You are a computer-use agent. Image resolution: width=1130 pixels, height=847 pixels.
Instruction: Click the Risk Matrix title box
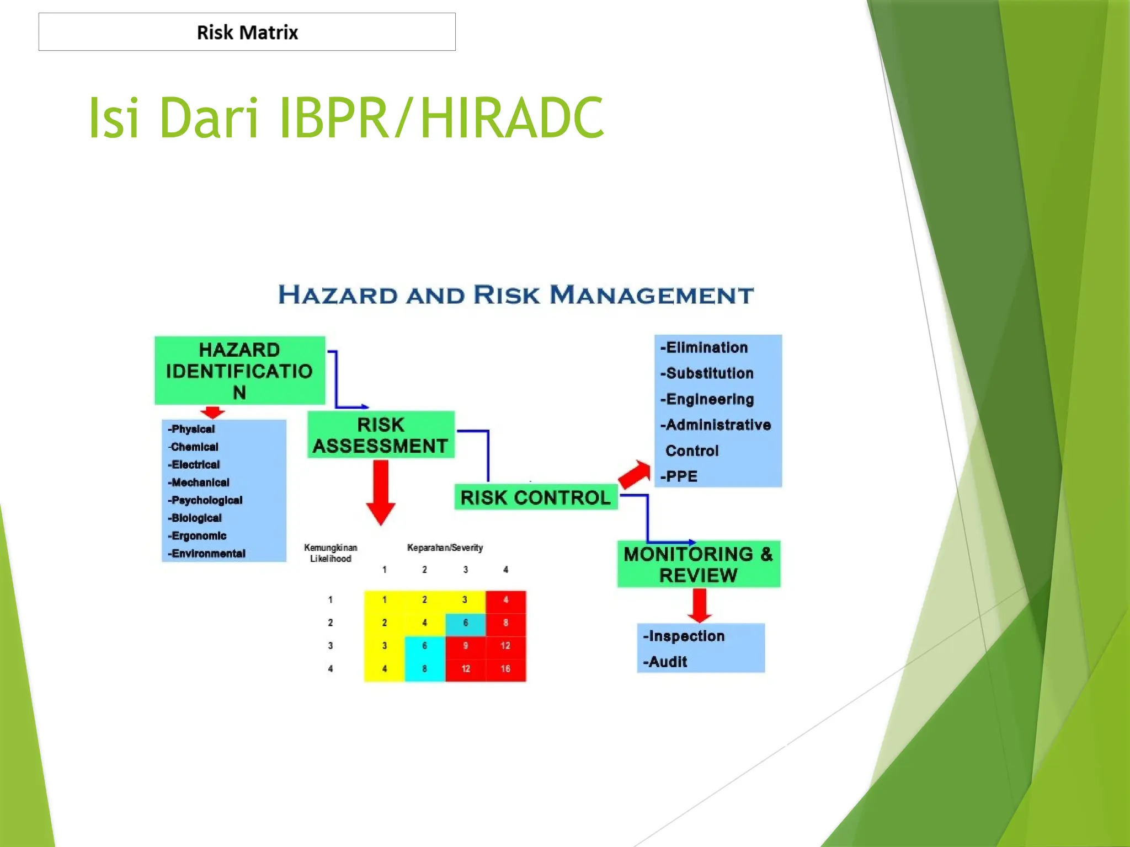[247, 32]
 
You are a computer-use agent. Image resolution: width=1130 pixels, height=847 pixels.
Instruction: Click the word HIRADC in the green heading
[511, 117]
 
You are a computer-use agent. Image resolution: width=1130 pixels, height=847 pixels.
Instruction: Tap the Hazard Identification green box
[239, 371]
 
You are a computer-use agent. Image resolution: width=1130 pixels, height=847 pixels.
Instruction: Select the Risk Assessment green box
[381, 435]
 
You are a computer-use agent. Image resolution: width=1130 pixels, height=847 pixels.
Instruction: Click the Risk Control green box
[535, 497]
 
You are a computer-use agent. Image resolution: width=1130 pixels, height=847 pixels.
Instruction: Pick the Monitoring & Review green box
[699, 564]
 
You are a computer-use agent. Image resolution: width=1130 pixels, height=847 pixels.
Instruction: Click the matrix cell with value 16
[505, 669]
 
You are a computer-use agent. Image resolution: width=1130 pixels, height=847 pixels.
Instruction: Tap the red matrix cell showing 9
[465, 646]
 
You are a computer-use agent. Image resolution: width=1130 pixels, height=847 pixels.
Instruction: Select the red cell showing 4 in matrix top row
[505, 600]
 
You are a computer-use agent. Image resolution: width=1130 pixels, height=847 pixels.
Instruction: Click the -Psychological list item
[206, 500]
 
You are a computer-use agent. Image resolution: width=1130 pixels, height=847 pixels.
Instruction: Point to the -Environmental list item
[207, 554]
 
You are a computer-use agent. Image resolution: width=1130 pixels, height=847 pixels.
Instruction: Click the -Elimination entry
[705, 347]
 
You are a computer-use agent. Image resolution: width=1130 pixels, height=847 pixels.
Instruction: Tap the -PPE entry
[679, 476]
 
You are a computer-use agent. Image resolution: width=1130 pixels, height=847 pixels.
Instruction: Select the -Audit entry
[665, 662]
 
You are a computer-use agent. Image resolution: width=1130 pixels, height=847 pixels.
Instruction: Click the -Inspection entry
[684, 636]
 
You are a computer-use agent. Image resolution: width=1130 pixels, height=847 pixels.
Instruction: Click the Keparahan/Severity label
[445, 548]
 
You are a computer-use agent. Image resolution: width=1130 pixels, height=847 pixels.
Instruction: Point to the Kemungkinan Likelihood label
[331, 553]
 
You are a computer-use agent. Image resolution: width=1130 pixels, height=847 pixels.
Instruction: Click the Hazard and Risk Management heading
[516, 295]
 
